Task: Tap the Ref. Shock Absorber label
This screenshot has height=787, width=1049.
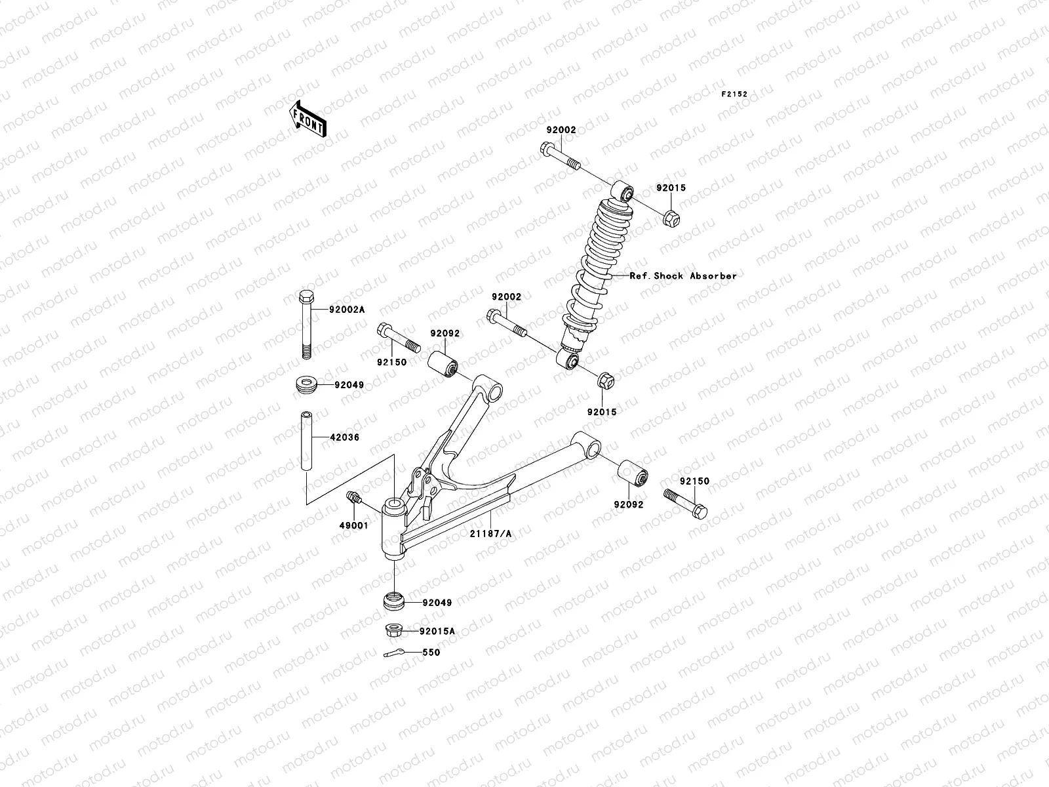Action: click(x=683, y=276)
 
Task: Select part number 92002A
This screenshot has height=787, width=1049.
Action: click(x=346, y=309)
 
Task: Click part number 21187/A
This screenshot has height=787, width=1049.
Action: click(x=490, y=535)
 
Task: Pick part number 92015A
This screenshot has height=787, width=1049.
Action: click(x=438, y=632)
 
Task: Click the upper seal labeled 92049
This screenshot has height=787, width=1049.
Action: click(x=306, y=385)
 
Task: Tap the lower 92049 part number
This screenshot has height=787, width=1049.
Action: click(x=437, y=603)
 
